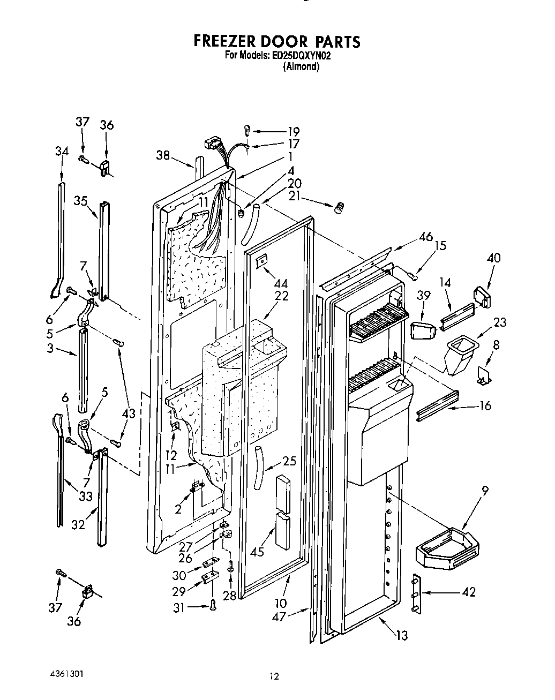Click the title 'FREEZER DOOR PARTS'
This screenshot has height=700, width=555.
[x=276, y=41]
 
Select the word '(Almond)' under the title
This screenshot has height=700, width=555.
[x=301, y=67]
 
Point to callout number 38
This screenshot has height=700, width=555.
[x=163, y=155]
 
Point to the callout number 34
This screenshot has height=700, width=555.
[x=62, y=152]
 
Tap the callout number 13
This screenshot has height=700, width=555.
[x=401, y=635]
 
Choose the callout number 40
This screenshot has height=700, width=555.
[x=493, y=258]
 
